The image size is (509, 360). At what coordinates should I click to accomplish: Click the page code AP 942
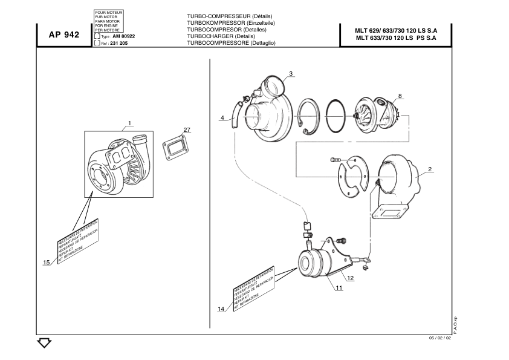tap(63, 35)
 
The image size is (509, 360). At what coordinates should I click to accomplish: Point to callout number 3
tap(291, 74)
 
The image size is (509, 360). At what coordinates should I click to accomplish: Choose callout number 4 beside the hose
tap(222, 117)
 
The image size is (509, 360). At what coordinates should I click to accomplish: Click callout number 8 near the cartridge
tap(400, 96)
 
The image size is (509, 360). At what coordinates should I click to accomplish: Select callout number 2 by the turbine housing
tap(430, 170)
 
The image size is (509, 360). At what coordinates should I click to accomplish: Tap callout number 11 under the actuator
tap(339, 288)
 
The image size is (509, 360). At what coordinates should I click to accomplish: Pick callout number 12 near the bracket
tap(350, 278)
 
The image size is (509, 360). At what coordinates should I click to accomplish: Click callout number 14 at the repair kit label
tap(221, 309)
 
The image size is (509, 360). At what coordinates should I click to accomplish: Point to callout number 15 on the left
tap(46, 263)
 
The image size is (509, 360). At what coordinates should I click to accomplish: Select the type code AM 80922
tap(123, 36)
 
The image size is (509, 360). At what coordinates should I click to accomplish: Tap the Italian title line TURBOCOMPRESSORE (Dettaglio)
tap(231, 43)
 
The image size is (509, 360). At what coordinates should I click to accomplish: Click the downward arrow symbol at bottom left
tap(44, 343)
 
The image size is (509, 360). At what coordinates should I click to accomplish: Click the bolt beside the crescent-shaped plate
tap(337, 159)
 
